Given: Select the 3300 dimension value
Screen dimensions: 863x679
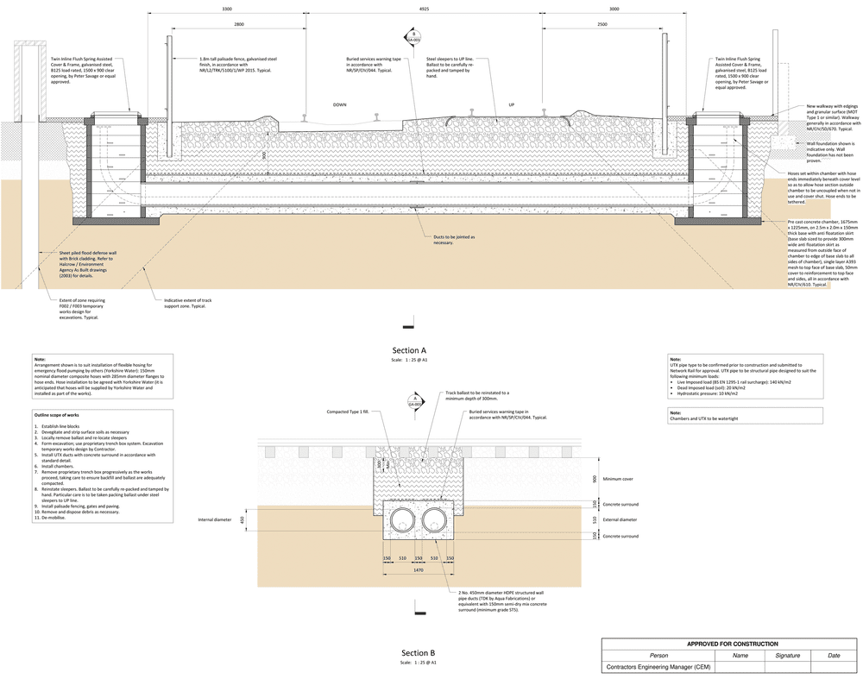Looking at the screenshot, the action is (x=227, y=9).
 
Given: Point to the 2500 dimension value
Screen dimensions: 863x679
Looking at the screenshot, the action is (x=602, y=25).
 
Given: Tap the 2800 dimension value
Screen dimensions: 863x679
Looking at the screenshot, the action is (x=238, y=25).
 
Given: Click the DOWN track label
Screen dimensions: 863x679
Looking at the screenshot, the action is (x=339, y=105).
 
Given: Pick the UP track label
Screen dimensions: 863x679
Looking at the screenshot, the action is (x=511, y=105).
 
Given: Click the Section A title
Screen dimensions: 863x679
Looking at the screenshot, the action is (x=411, y=351).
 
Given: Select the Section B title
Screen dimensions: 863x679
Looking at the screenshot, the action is (x=419, y=653).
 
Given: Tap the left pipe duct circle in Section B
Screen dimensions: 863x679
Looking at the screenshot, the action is (x=402, y=519).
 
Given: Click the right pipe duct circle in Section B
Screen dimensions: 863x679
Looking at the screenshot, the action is (x=438, y=519).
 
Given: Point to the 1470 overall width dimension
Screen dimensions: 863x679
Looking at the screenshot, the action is (x=419, y=569).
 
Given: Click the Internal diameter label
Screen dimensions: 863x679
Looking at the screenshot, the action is (x=216, y=519).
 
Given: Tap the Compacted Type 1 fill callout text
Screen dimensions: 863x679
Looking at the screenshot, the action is (x=347, y=412).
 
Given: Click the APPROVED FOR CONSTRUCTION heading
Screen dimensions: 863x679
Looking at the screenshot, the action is (x=732, y=644).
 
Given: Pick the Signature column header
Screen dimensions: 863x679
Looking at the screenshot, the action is (x=787, y=656).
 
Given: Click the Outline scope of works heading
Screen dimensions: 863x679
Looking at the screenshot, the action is (x=57, y=415).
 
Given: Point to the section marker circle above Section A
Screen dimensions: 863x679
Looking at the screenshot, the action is (x=413, y=37).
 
